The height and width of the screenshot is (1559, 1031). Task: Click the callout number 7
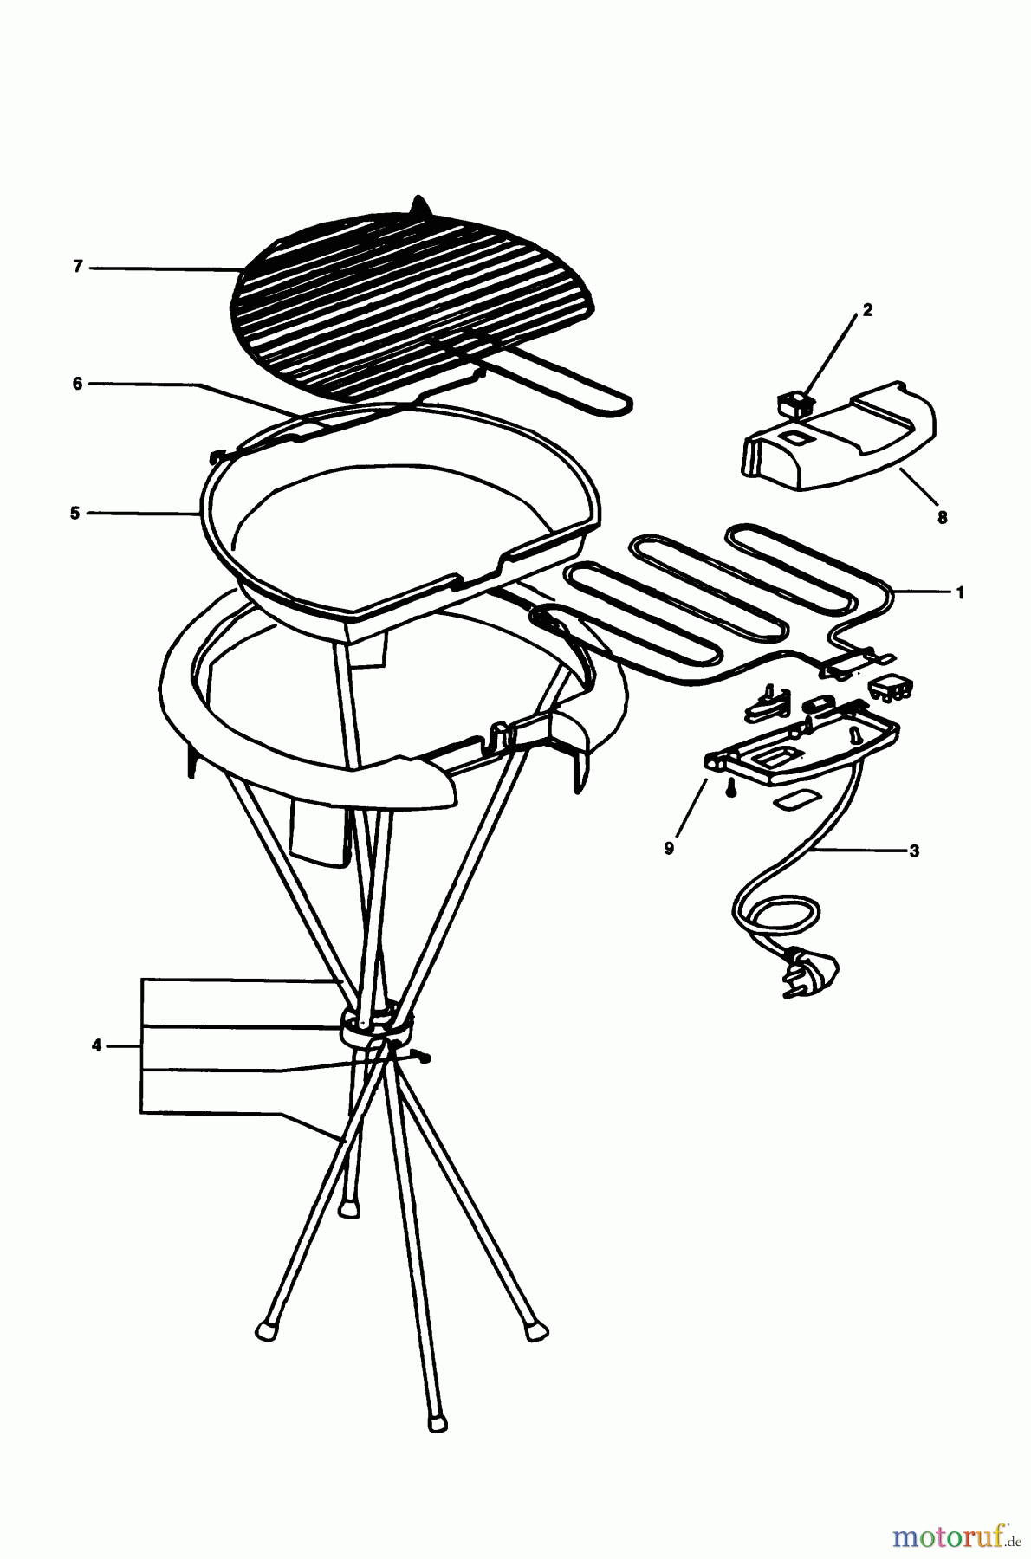click(78, 268)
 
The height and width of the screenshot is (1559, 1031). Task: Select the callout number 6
click(78, 384)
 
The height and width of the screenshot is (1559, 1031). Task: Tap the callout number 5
click(76, 513)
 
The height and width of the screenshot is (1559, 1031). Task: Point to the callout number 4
click(97, 1046)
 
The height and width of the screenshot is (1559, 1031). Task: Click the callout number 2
click(867, 310)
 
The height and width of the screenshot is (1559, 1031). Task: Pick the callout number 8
click(942, 518)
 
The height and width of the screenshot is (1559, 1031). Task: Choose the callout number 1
click(960, 593)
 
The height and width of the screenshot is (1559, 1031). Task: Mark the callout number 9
click(669, 848)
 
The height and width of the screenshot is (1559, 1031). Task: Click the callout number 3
click(914, 851)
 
